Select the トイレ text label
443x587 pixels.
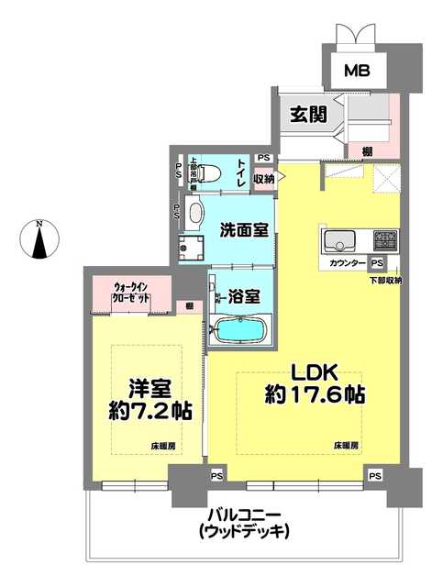(240, 172)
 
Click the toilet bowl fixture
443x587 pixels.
(209, 172)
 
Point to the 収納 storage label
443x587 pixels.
(263, 180)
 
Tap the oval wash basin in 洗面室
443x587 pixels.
(195, 214)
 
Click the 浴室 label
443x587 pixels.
(245, 297)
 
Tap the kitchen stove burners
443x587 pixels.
(385, 240)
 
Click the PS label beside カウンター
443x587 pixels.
(377, 262)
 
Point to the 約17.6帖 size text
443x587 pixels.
(316, 396)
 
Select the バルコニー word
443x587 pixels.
(235, 515)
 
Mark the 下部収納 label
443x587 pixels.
(386, 280)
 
